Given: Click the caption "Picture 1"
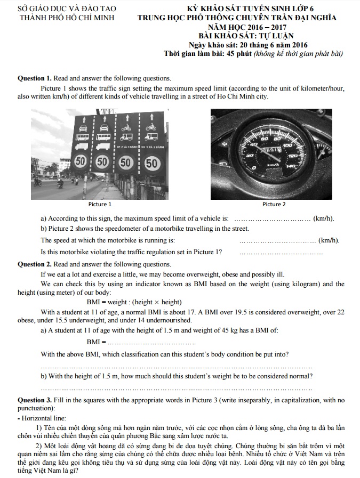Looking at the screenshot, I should pyautogui.click(x=100, y=204).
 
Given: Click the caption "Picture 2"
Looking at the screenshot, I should pyautogui.click(x=274, y=204).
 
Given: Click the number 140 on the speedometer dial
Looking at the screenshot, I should pyautogui.click(x=291, y=167).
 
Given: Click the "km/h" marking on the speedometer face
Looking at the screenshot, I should pyautogui.click(x=274, y=165).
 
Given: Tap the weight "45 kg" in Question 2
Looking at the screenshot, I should pyautogui.click(x=242, y=330).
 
